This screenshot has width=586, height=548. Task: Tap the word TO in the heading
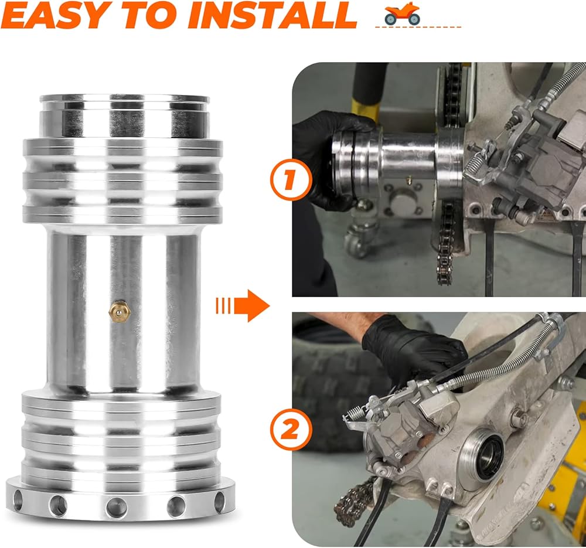[152, 15]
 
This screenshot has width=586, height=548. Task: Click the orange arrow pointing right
[243, 306]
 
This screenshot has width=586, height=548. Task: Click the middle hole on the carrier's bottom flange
[117, 507]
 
